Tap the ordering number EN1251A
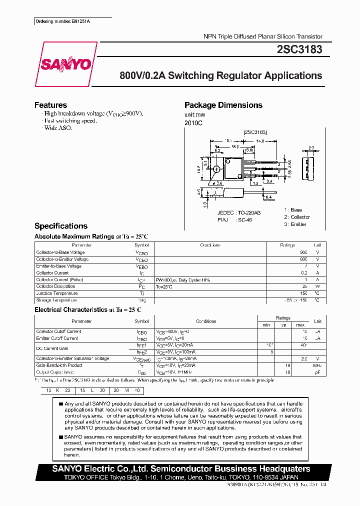click(x=66, y=22)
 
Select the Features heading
click(x=50, y=105)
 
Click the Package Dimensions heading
click(x=223, y=105)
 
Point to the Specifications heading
click(x=60, y=226)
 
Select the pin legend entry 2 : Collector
click(x=297, y=217)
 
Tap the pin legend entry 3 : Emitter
click(x=295, y=224)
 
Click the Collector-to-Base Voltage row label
click(x=60, y=252)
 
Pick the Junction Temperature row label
click(x=57, y=293)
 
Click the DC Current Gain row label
click(x=51, y=348)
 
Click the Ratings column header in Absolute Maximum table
click(x=287, y=245)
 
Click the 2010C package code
click(x=193, y=122)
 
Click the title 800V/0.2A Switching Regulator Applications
click(x=220, y=76)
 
